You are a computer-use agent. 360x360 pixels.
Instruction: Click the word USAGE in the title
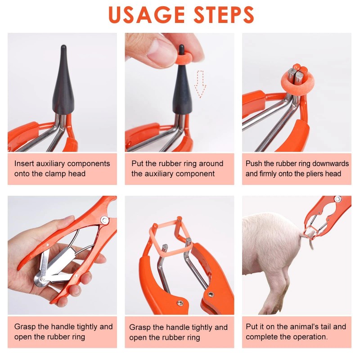[x=144, y=14]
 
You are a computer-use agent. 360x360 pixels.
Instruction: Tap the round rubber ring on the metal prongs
[x=297, y=80]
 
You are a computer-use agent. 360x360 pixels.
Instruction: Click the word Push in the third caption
[x=254, y=163]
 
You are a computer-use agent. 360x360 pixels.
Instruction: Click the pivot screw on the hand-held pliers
[x=104, y=220]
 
